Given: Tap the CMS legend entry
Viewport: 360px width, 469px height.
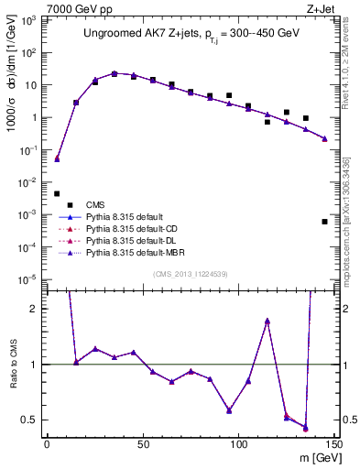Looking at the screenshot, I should pos(95,204).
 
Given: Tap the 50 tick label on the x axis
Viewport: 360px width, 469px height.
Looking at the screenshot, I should pos(142,444).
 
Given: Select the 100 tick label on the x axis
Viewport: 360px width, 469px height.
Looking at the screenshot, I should pos(238,444).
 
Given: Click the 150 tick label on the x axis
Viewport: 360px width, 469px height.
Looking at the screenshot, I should pos(333,444).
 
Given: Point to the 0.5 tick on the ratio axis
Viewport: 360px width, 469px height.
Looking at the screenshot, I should pos(34,420).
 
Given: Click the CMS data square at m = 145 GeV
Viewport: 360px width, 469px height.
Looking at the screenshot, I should pos(324,222).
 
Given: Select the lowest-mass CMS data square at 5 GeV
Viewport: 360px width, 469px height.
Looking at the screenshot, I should pos(57,193).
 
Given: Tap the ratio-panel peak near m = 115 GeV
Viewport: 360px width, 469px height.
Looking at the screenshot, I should pos(267,321).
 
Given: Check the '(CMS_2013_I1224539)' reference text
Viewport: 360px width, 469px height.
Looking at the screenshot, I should pos(191,275).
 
